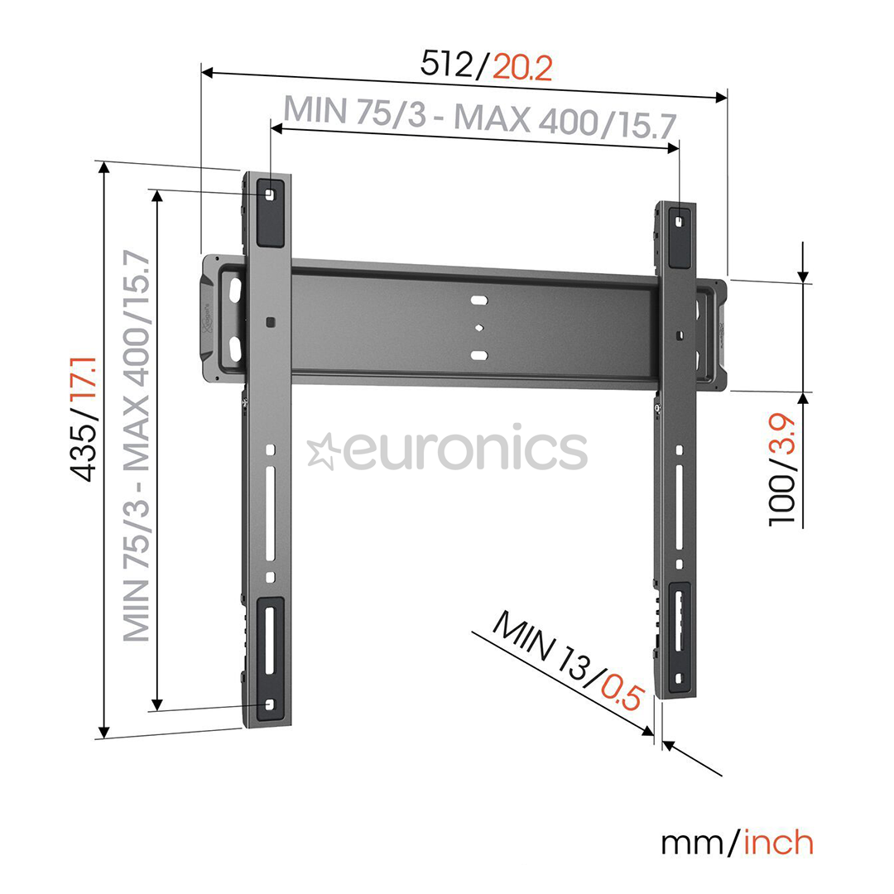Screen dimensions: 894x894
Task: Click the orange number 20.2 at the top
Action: (522, 66)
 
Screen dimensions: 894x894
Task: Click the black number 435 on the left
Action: (85, 455)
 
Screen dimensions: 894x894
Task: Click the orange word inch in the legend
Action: (778, 843)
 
